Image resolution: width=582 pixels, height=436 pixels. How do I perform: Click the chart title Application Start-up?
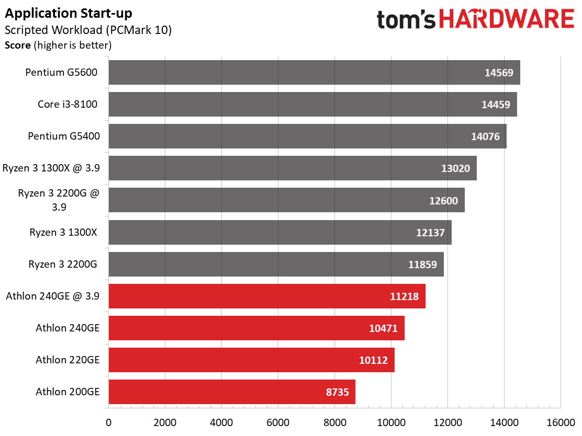pyautogui.click(x=68, y=14)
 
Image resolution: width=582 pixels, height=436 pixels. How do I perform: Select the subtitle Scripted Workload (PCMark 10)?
pyautogui.click(x=88, y=30)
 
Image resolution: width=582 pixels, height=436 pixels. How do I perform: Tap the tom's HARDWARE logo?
pyautogui.click(x=475, y=19)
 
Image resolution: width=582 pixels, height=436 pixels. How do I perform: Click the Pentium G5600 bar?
pyautogui.click(x=315, y=72)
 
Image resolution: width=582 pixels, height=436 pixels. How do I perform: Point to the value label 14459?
pyautogui.click(x=496, y=105)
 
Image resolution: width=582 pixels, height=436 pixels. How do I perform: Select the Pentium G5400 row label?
pyautogui.click(x=64, y=136)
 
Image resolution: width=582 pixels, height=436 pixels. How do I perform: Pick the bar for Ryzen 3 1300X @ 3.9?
pyautogui.click(x=293, y=168)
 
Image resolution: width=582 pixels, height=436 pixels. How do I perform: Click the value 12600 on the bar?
pyautogui.click(x=443, y=201)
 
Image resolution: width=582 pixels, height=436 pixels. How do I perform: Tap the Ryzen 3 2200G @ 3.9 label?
pyautogui.click(x=59, y=200)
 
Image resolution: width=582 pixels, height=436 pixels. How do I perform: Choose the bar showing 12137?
pyautogui.click(x=280, y=233)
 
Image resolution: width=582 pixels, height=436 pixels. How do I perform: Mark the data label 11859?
pyautogui.click(x=422, y=265)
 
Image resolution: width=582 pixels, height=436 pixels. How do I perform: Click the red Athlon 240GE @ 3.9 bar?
pyautogui.click(x=267, y=296)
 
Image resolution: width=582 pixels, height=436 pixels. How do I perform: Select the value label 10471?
pyautogui.click(x=383, y=328)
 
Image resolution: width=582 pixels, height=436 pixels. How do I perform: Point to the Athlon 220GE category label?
pyautogui.click(x=68, y=360)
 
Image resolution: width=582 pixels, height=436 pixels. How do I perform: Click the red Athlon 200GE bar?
pyautogui.click(x=232, y=392)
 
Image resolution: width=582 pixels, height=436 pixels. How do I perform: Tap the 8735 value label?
pyautogui.click(x=338, y=392)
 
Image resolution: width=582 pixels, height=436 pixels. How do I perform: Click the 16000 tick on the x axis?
pyautogui.click(x=561, y=422)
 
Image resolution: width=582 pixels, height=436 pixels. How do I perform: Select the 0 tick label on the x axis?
pyautogui.click(x=108, y=422)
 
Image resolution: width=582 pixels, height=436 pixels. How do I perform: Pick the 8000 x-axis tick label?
pyautogui.click(x=335, y=422)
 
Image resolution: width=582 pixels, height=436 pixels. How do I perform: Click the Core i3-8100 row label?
pyautogui.click(x=68, y=104)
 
